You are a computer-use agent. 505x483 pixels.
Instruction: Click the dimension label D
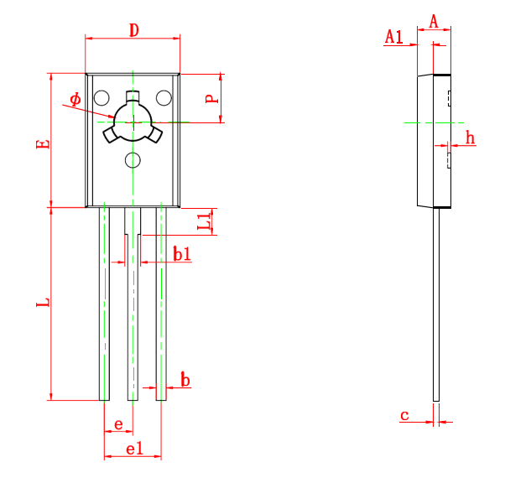click(x=133, y=30)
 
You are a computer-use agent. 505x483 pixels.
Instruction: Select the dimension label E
click(x=44, y=143)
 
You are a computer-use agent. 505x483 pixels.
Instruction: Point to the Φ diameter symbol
click(x=75, y=100)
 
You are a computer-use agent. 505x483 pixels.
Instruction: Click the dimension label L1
click(x=204, y=221)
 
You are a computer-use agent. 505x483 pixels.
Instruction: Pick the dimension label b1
click(x=181, y=253)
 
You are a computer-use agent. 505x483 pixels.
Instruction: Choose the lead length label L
click(x=44, y=302)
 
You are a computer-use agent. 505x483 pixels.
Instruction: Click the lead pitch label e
click(x=118, y=424)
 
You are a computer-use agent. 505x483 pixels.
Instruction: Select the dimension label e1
click(x=133, y=449)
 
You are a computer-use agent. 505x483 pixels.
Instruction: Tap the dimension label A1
click(x=393, y=36)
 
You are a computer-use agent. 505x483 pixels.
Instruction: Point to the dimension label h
click(x=470, y=137)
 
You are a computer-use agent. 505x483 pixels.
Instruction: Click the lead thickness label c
click(x=404, y=415)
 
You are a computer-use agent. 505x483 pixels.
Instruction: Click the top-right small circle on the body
click(x=164, y=97)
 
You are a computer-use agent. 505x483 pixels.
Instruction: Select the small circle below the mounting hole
click(x=133, y=159)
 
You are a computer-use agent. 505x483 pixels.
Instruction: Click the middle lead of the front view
click(x=133, y=319)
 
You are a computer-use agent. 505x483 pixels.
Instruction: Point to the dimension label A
click(x=434, y=21)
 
